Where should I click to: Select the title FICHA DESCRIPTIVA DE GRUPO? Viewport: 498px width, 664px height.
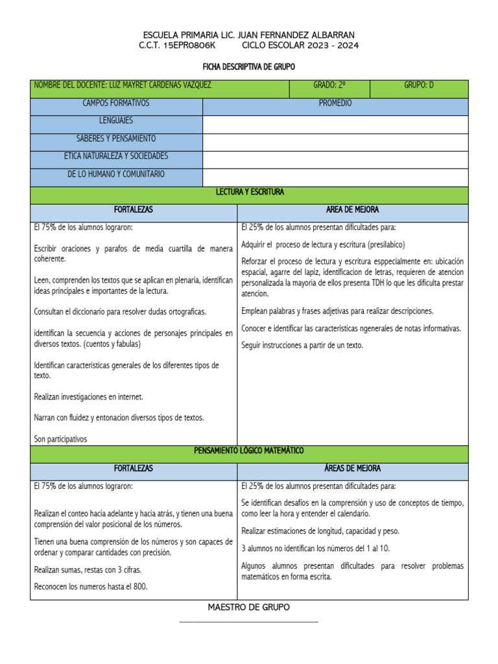[x=249, y=67]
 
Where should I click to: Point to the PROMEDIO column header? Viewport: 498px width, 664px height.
[x=335, y=103]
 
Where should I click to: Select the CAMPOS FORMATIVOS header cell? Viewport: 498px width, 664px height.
[x=116, y=103]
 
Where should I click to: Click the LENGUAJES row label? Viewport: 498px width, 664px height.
[x=116, y=121]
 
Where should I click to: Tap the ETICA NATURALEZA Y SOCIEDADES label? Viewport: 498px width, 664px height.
[x=116, y=156]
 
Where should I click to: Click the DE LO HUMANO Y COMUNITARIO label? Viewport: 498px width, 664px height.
[x=116, y=174]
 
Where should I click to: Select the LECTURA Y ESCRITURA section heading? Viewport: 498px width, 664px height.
[x=249, y=192]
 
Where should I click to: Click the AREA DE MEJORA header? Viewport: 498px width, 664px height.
[x=352, y=210]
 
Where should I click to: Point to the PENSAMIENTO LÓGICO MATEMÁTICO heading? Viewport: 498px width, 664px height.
[x=249, y=450]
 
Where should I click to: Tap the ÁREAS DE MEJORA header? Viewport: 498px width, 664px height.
[x=352, y=468]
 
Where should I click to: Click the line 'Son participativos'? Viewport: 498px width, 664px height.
[x=60, y=439]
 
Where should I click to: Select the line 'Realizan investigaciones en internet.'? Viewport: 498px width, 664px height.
[x=88, y=396]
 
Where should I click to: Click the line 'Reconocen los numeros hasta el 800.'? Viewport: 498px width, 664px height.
[x=91, y=586]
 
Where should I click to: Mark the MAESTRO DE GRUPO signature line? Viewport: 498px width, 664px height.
[x=249, y=621]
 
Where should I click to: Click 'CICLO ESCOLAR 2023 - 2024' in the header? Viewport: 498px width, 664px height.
[x=300, y=45]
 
